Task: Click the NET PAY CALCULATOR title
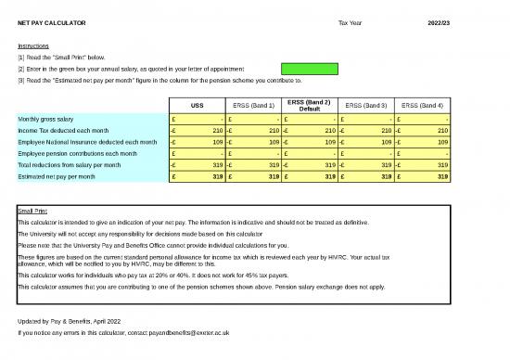point(52,21)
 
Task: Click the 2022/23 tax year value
point(440,21)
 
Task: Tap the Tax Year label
point(351,21)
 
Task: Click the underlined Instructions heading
point(33,45)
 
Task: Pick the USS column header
point(197,106)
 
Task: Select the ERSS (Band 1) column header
point(253,106)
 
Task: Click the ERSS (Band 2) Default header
point(310,105)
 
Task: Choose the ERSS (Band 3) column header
point(366,106)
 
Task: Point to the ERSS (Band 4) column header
point(423,106)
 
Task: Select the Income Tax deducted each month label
point(66,131)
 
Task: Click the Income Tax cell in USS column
point(197,131)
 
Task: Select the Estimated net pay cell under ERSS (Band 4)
point(423,176)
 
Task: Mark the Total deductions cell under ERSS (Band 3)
point(366,165)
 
